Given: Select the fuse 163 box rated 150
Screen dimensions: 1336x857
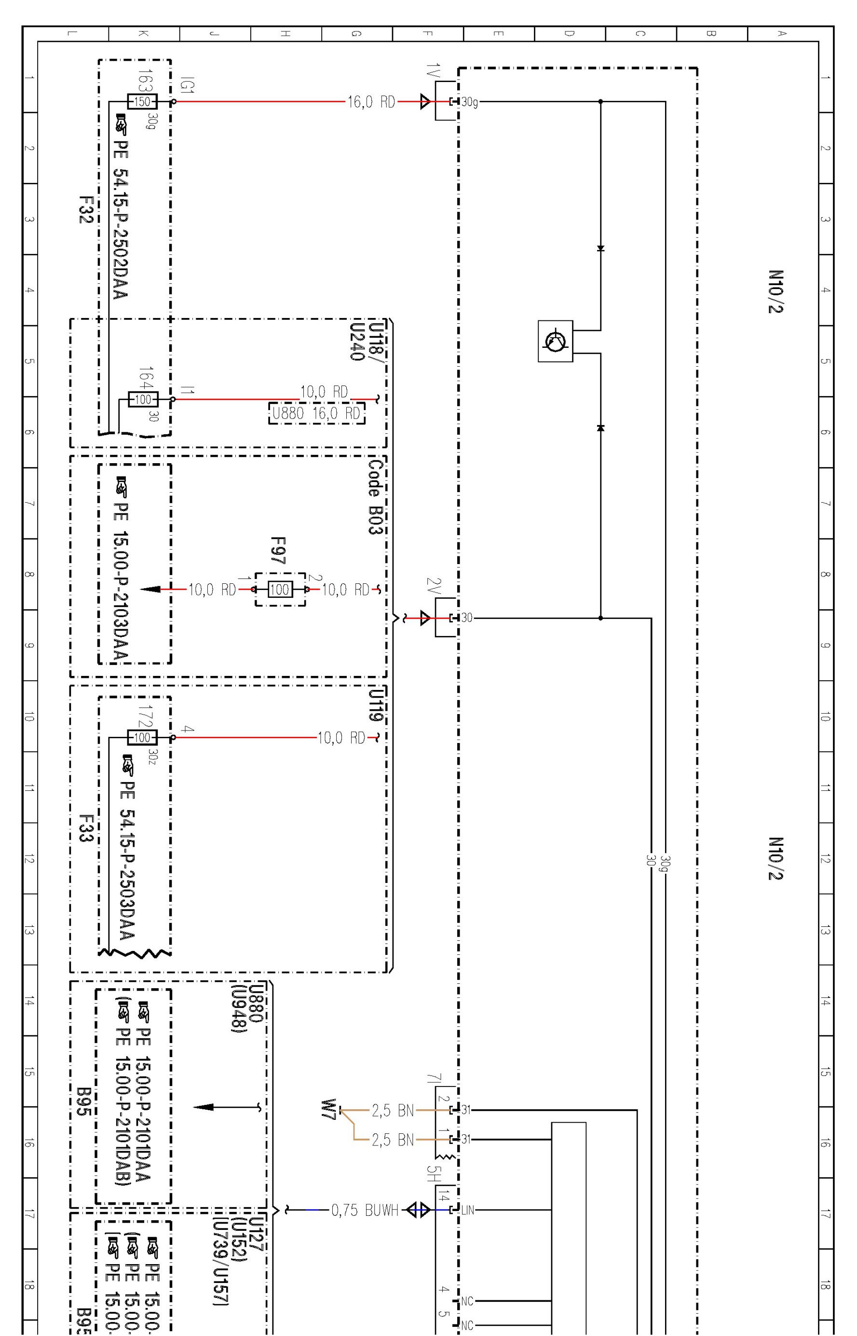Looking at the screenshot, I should tap(142, 102).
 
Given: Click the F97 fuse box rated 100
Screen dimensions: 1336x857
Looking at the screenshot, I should tap(280, 589).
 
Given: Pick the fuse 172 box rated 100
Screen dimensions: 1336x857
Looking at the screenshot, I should tap(142, 738).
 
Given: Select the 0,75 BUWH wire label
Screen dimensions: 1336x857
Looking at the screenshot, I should tap(365, 1210).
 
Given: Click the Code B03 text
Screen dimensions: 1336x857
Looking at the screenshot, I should tap(376, 496).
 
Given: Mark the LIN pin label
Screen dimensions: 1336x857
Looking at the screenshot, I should tap(467, 1210).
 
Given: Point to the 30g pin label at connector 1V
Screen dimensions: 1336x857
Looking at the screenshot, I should tap(469, 102).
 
